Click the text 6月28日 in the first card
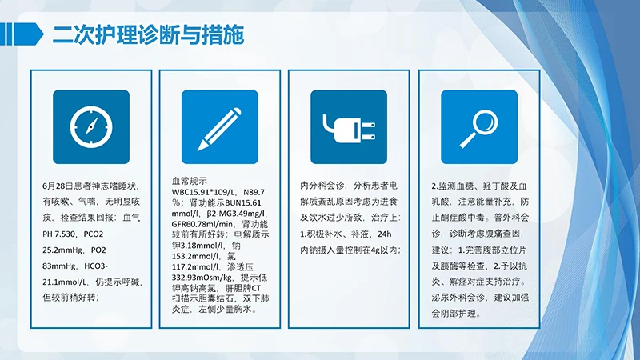click(x=58, y=186)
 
